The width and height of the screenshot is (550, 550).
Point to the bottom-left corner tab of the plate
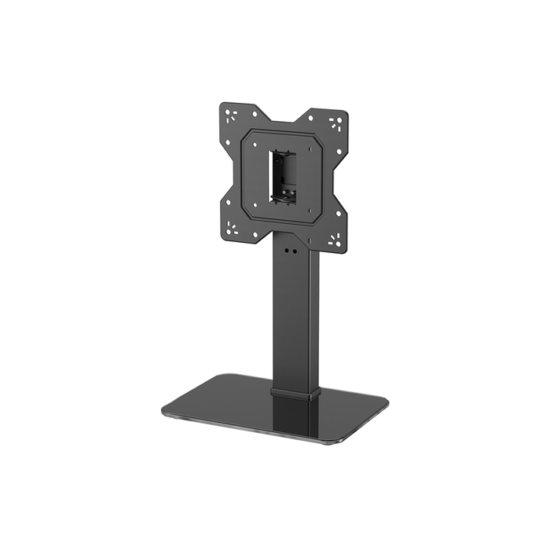pos(233,229)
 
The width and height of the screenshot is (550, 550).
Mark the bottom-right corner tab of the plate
pos(335,240)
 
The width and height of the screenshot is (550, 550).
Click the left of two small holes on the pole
pos(287,251)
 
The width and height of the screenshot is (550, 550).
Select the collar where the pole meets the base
pos(295,391)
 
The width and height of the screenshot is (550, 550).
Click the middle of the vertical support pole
pos(295,314)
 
